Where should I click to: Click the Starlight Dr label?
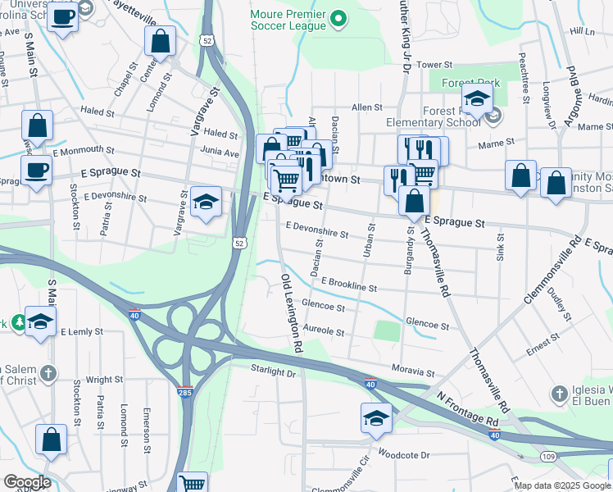point(272,372)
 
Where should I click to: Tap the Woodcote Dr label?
point(403,454)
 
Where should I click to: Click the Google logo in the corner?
point(26,481)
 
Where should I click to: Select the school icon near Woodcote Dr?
point(376,418)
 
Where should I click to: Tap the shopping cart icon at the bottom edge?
point(192,484)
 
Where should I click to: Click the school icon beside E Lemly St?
point(39,322)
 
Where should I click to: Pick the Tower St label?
point(434,64)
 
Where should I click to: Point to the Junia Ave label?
point(220,152)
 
